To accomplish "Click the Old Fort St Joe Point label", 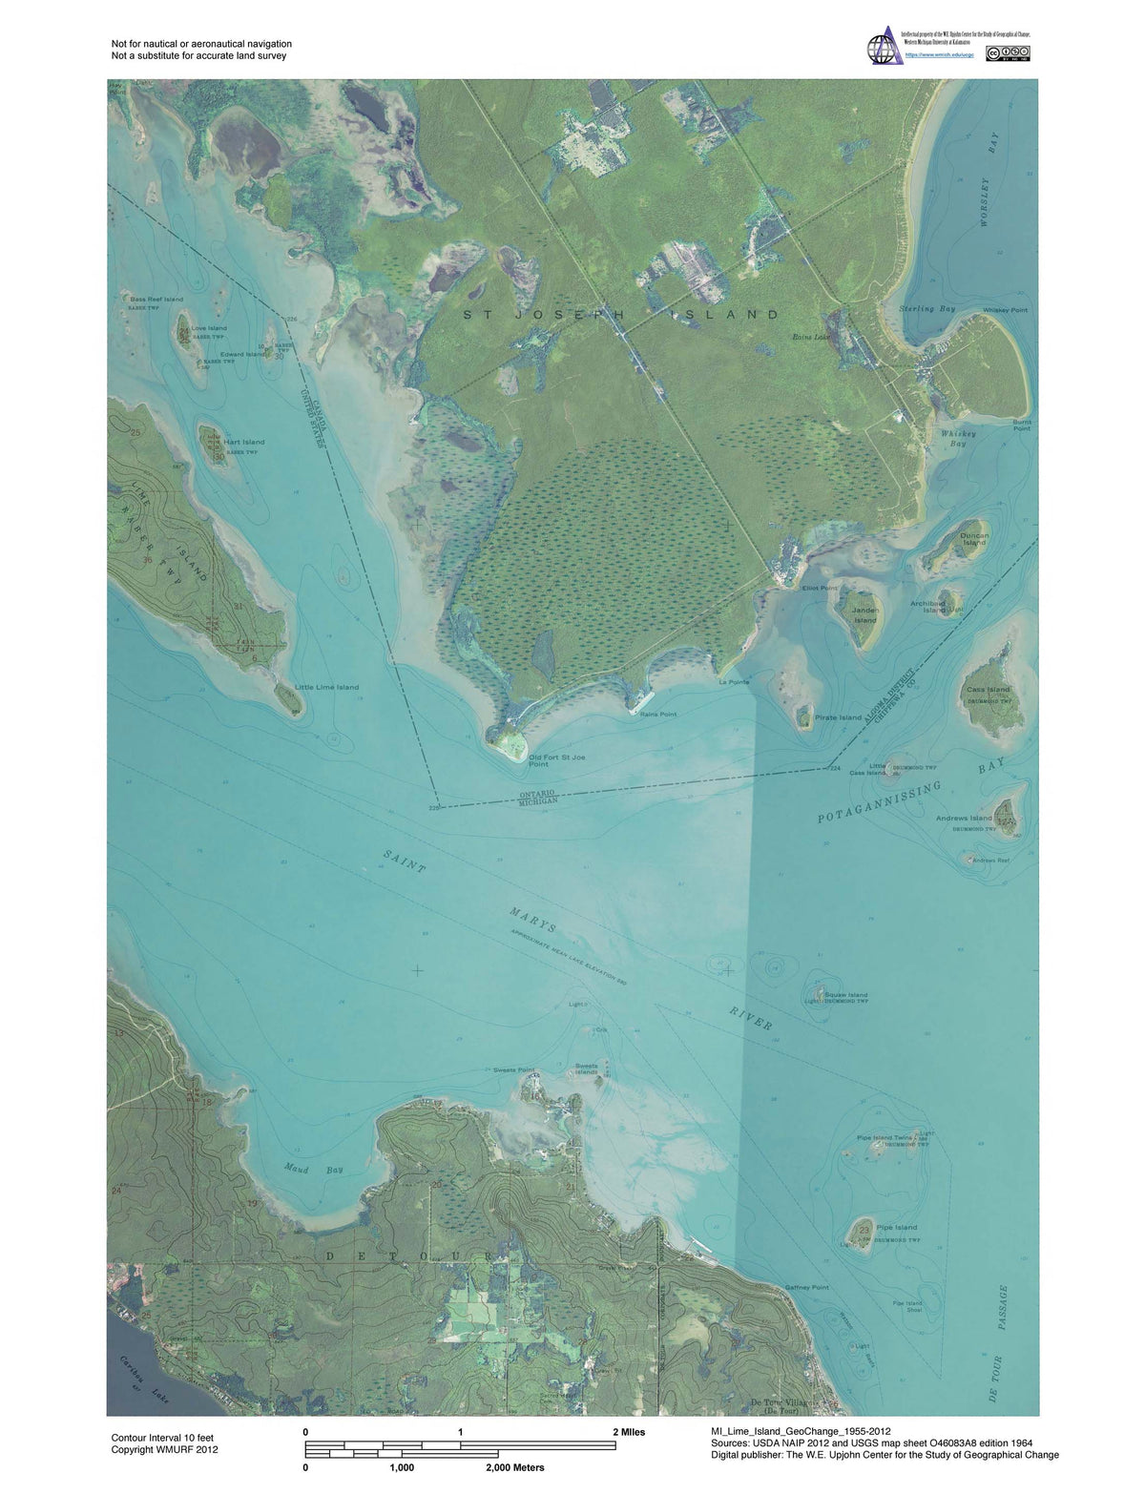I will click(x=552, y=760).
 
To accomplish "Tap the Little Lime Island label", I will click(x=327, y=687).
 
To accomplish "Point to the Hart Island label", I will click(x=246, y=442).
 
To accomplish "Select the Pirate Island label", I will click(x=838, y=717).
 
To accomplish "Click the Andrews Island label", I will click(x=964, y=819).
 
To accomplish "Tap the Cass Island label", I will click(x=987, y=689).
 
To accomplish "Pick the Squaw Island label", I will click(x=845, y=995).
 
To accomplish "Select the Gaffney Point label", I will click(x=806, y=1287).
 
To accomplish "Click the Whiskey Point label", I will click(x=1005, y=310).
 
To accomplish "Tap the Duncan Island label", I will click(x=974, y=539).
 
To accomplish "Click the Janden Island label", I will click(x=864, y=615).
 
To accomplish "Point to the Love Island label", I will click(x=209, y=328).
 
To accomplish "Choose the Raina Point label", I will click(x=657, y=714).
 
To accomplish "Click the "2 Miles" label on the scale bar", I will click(x=628, y=1432).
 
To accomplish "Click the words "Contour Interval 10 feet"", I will click(x=165, y=1437).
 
